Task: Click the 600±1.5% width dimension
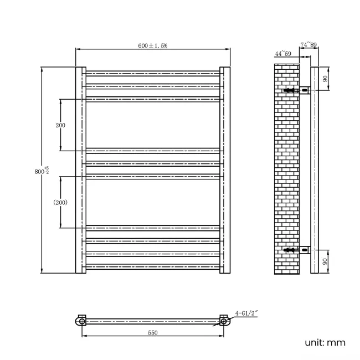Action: tap(152, 45)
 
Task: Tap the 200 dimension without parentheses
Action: tap(60, 125)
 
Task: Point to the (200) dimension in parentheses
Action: tap(60, 202)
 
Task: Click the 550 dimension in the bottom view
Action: tap(152, 332)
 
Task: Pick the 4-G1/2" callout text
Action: tap(247, 313)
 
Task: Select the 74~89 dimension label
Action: tap(308, 44)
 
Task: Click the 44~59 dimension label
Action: tap(282, 54)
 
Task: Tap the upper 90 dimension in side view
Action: tap(325, 78)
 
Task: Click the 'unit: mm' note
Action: tap(325, 342)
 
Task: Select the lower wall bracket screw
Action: tap(289, 250)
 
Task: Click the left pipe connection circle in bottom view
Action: tap(82, 321)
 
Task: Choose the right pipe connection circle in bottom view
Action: tap(224, 321)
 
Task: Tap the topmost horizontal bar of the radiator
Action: tap(153, 73)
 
